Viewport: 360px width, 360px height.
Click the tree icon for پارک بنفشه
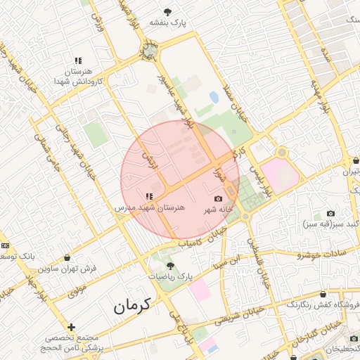[x=167, y=12]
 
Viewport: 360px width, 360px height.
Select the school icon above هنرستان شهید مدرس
[x=148, y=196]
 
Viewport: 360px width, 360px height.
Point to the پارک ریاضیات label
[x=170, y=276]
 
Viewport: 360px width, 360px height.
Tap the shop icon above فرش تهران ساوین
[x=67, y=258]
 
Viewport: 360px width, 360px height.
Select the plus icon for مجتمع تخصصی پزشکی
[x=71, y=327]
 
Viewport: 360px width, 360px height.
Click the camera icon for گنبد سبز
[x=331, y=213]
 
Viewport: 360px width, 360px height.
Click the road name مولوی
[x=77, y=290]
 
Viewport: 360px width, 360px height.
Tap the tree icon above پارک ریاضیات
[x=170, y=265]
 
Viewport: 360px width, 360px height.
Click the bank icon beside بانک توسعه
[x=6, y=245]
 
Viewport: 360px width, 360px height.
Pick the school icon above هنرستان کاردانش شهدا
[x=78, y=61]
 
